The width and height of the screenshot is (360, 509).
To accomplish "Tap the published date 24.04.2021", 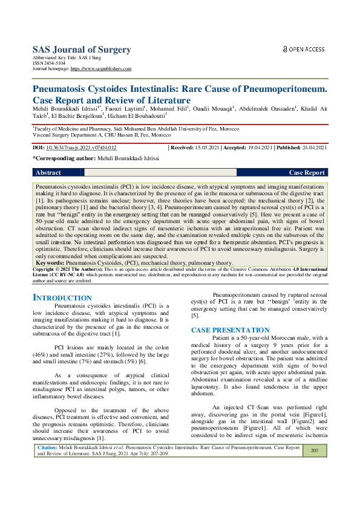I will point(313,148).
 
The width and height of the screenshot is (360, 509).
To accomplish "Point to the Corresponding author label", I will point(64,158).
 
